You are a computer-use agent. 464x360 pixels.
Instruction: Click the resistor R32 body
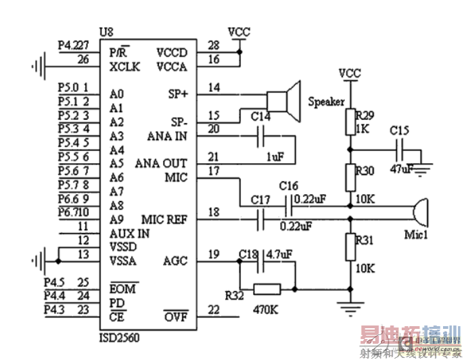click(x=267, y=289)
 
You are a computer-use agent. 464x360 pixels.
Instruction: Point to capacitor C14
click(x=261, y=137)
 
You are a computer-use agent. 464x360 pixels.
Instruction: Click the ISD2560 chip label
click(x=119, y=337)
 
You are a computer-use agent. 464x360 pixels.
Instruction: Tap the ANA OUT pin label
click(x=161, y=164)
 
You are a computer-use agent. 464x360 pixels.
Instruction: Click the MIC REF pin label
click(x=164, y=220)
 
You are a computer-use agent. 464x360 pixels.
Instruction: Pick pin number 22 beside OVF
click(x=214, y=310)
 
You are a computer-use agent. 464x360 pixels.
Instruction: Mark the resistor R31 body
click(x=350, y=247)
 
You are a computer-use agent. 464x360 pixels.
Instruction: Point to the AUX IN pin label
click(x=129, y=233)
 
